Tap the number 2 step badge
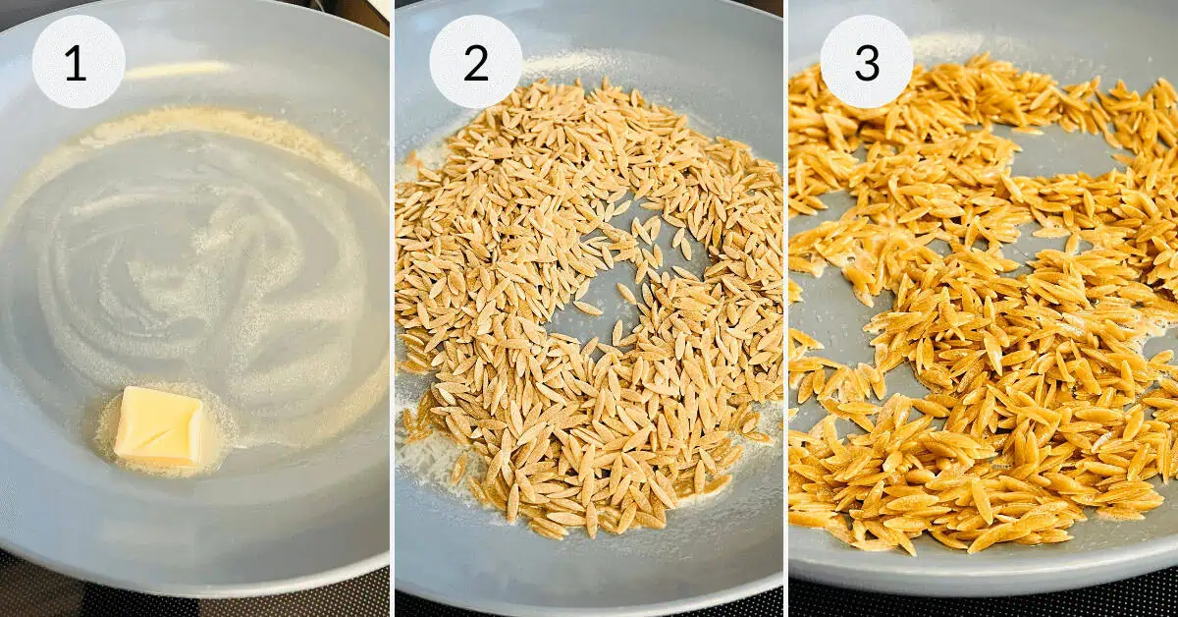tap(476, 62)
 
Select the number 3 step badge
tap(866, 62)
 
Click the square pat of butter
tap(158, 425)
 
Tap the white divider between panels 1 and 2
tap(393, 308)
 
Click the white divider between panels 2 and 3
tap(785, 308)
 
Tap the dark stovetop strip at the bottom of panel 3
tap(982, 603)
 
